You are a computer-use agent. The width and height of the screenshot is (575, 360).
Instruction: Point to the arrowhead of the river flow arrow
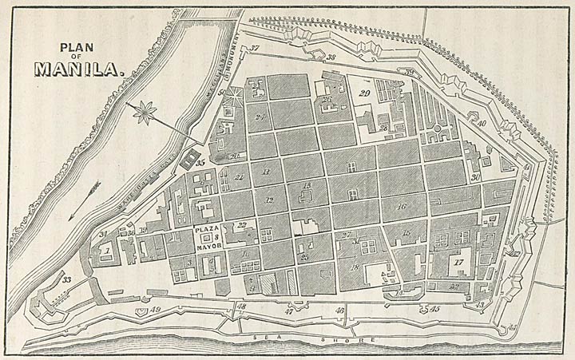[x=70, y=216]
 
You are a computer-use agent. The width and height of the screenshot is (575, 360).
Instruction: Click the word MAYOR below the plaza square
[x=208, y=245]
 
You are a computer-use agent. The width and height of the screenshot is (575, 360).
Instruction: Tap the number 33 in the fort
[x=66, y=279]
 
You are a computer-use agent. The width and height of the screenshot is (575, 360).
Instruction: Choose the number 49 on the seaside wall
[x=156, y=309]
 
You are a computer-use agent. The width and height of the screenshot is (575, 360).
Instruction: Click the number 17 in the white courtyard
[x=458, y=262]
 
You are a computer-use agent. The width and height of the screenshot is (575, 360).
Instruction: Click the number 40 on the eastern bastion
[x=482, y=123]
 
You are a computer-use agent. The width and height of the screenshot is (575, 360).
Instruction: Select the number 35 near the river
[x=200, y=162]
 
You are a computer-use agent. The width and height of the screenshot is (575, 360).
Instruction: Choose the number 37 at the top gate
[x=255, y=49]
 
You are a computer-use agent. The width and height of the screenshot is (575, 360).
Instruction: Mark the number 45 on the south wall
[x=435, y=308]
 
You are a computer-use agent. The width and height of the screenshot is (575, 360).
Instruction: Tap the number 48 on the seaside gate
[x=240, y=307]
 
